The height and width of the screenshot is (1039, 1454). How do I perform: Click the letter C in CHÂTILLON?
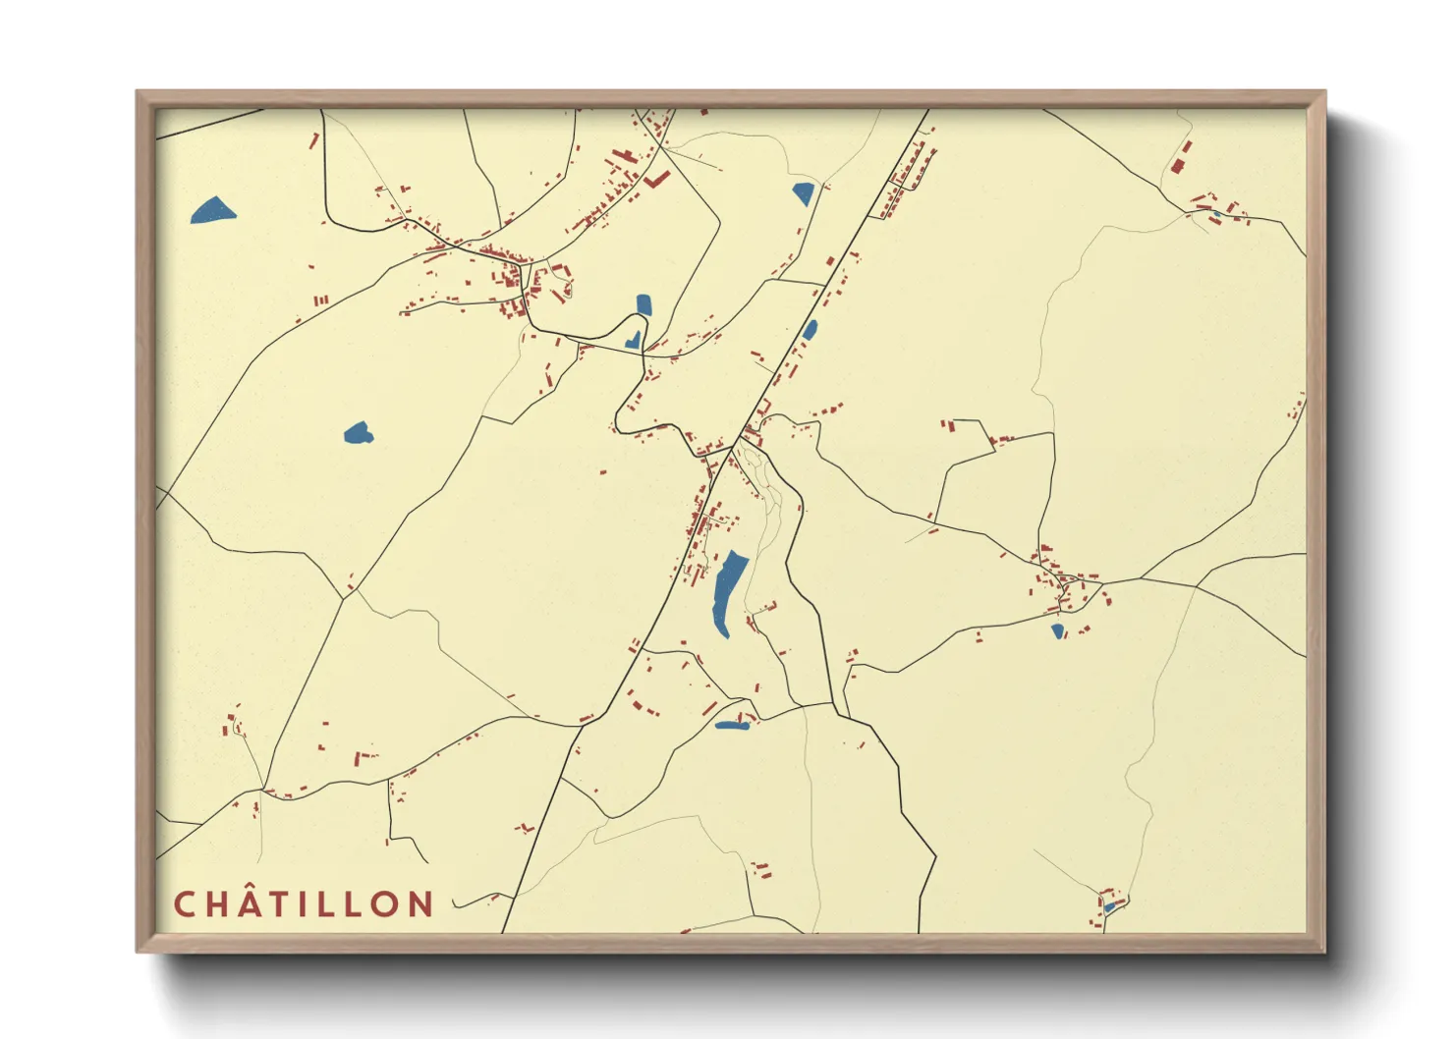click(x=184, y=904)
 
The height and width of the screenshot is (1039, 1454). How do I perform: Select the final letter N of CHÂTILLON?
click(x=421, y=904)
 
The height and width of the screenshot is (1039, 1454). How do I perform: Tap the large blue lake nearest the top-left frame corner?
click(x=212, y=210)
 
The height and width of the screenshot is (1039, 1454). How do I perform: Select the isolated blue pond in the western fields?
click(x=358, y=432)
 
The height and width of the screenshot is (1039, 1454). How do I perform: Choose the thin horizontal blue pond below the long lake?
click(x=731, y=726)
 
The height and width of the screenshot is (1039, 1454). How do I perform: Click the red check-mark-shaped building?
click(x=656, y=180)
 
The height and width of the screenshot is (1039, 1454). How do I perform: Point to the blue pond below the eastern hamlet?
click(x=1057, y=631)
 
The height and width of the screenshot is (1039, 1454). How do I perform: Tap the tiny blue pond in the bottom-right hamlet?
click(x=1109, y=907)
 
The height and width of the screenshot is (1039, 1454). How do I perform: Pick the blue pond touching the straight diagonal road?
click(x=810, y=330)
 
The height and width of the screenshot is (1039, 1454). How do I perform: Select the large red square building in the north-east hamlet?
click(x=1177, y=166)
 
